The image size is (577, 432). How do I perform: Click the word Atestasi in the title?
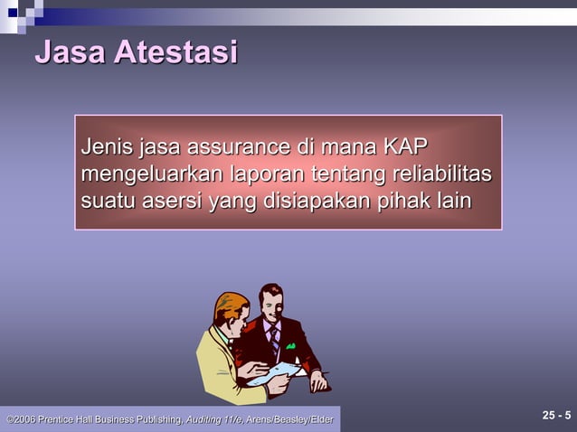pos(175,52)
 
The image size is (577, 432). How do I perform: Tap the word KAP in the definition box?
pos(405,146)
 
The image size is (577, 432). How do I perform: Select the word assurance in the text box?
pos(237,146)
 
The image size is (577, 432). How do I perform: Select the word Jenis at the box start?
pos(106,146)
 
